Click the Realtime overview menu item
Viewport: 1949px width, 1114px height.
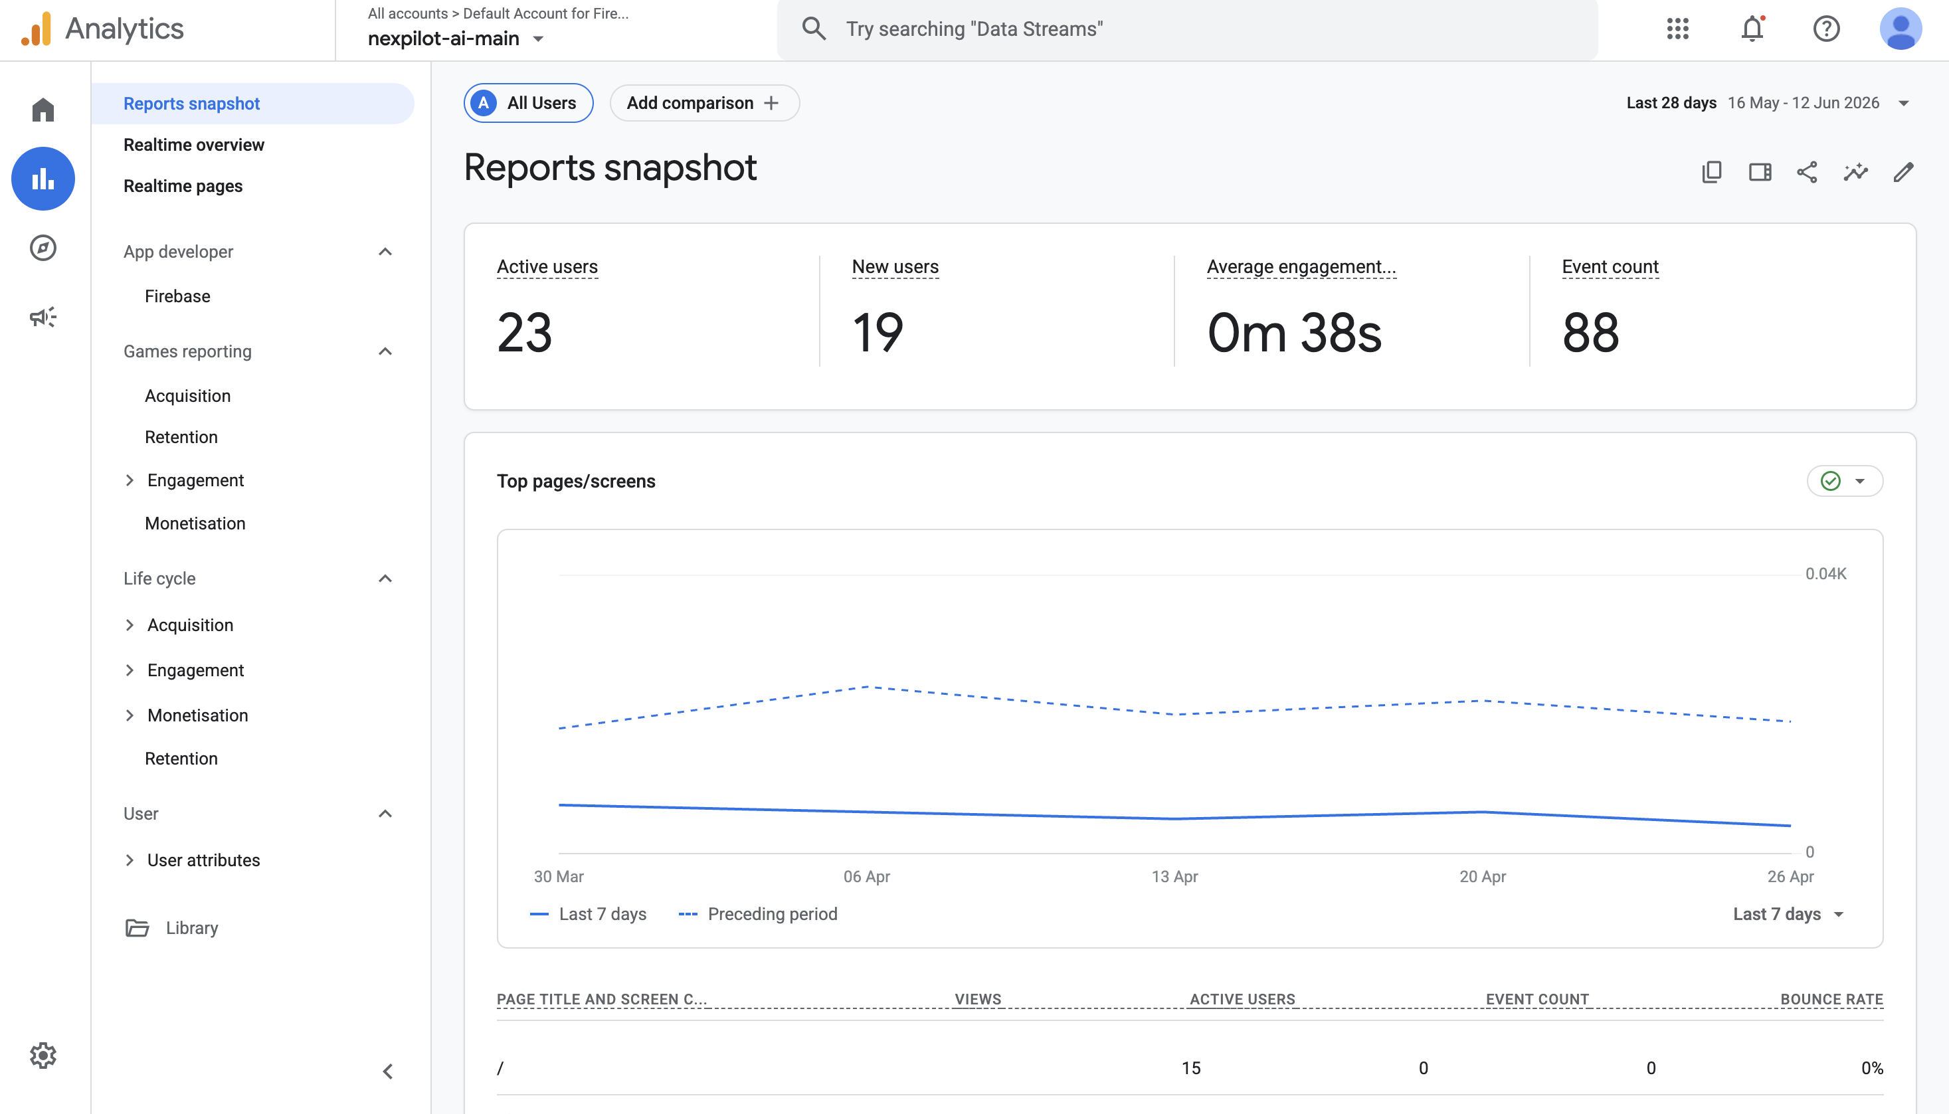(x=193, y=145)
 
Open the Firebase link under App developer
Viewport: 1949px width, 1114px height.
(x=177, y=296)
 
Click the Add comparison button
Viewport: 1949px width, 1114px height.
(x=703, y=102)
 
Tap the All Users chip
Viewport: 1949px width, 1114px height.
(x=529, y=102)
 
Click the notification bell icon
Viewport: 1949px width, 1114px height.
(x=1752, y=29)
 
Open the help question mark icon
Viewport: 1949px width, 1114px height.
(x=1826, y=29)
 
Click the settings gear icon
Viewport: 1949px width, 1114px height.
(x=43, y=1055)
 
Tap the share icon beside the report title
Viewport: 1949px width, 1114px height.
(x=1807, y=171)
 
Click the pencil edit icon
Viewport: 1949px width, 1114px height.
(x=1903, y=171)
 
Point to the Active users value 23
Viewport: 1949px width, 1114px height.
(x=525, y=333)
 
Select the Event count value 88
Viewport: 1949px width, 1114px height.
(x=1590, y=333)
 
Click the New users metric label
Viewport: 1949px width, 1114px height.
(x=895, y=266)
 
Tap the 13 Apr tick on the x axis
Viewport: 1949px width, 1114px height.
(x=1175, y=876)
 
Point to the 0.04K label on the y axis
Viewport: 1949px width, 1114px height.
(x=1826, y=573)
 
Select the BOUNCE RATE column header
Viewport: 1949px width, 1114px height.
(x=1831, y=998)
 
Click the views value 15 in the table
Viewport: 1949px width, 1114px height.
(x=1191, y=1068)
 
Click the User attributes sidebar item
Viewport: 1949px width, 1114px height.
(x=203, y=860)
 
